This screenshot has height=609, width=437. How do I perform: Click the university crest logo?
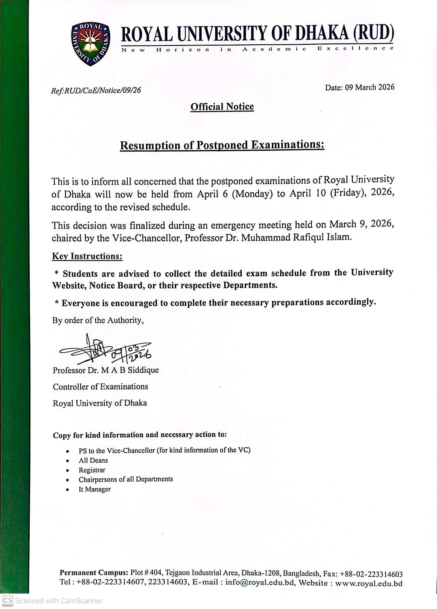91,44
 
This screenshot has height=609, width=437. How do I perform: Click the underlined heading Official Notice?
222,107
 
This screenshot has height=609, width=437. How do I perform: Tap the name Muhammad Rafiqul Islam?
296,237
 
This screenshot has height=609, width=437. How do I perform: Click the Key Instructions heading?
87,256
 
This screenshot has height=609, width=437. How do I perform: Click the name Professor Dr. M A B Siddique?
106,370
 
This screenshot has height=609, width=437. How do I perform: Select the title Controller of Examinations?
100,387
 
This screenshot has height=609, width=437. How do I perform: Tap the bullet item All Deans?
93,460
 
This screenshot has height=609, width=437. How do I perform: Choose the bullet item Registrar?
92,470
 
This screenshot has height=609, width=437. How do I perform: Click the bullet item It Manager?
95,489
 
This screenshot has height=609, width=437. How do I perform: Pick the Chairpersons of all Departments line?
126,480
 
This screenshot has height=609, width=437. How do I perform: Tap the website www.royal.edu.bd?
369,583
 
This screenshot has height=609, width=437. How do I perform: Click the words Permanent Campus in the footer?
94,573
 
